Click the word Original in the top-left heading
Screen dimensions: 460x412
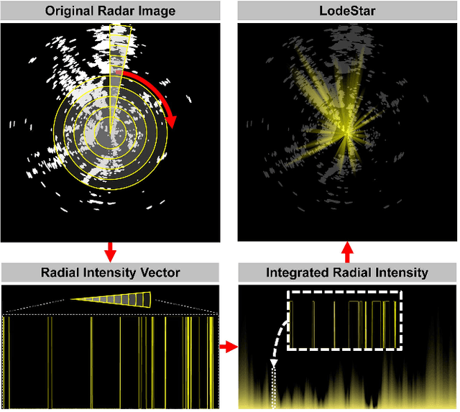(73, 11)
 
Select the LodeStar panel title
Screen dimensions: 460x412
(347, 11)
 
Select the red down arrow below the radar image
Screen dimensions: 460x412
(110, 252)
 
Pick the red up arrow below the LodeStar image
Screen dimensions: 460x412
(347, 252)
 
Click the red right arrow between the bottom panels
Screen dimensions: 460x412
(228, 348)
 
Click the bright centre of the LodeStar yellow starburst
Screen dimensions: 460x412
(347, 130)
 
